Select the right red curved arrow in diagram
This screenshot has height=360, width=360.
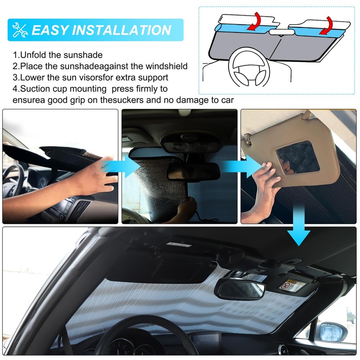tap(327, 24)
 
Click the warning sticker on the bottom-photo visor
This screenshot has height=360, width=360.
tap(288, 284)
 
